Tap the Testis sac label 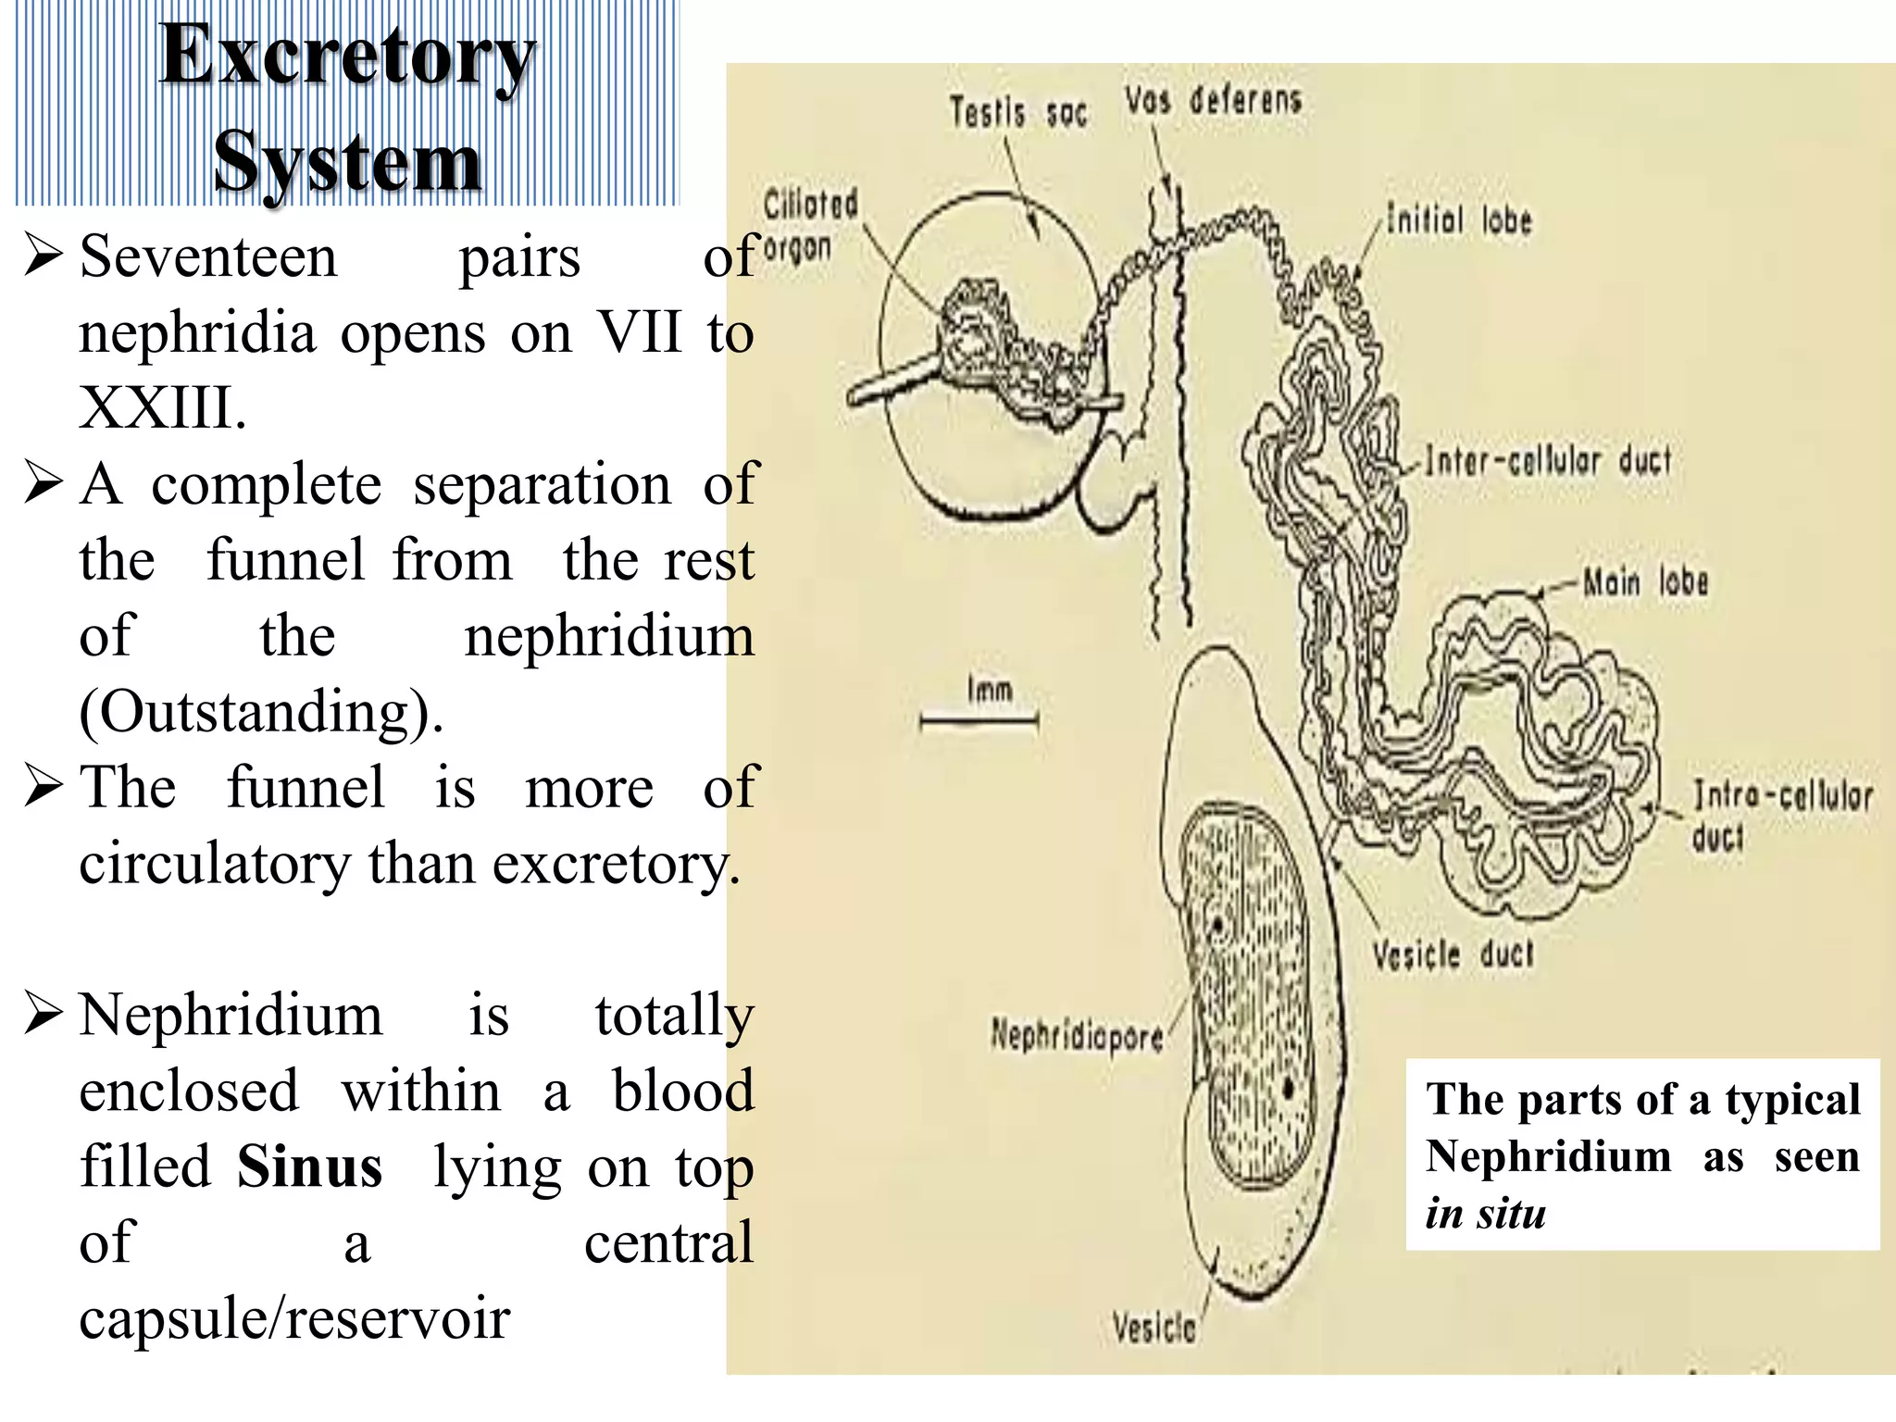tap(1017, 113)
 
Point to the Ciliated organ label tap(808, 225)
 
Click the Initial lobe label tap(1459, 220)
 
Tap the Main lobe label tap(1645, 582)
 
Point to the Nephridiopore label tap(1077, 1034)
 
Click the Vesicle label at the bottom tap(1154, 1328)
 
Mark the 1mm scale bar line tap(979, 718)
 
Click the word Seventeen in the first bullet tap(208, 256)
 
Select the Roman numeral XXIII tap(162, 407)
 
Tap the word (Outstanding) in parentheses tap(261, 712)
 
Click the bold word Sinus tap(309, 1166)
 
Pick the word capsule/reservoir tap(294, 1318)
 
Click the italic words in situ tap(1485, 1213)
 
